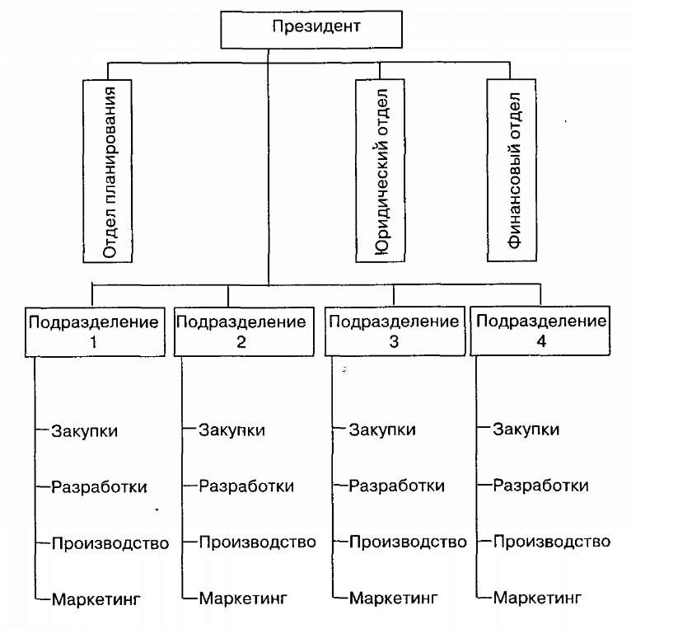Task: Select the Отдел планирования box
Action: coord(109,169)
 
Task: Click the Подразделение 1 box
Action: coord(93,331)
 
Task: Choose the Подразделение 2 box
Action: coord(241,331)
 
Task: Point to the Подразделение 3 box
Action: coord(393,331)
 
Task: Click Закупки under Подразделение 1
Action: coord(84,430)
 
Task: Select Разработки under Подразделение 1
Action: coord(99,486)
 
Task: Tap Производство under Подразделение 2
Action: coord(258,542)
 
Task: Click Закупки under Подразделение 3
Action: coord(382,430)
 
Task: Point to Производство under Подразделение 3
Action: coord(408,542)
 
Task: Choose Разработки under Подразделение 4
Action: coord(540,486)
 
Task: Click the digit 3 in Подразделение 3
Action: coord(393,341)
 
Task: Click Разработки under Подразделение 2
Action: coord(246,486)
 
